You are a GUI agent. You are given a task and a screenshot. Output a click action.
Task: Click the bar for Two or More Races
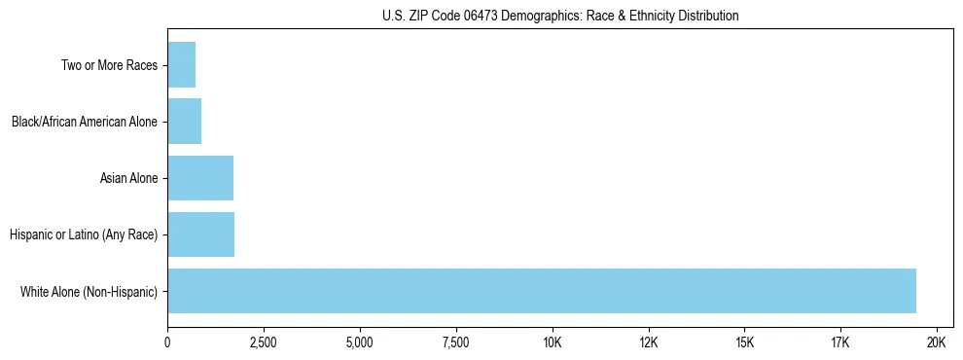pos(182,65)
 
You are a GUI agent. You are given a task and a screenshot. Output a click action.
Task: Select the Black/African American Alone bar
pos(185,122)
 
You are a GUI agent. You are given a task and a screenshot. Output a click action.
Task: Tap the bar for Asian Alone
pos(200,178)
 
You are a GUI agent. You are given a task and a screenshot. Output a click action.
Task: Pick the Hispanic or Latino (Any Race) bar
pos(201,234)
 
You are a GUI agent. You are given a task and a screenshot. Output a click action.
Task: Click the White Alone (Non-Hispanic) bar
pos(542,291)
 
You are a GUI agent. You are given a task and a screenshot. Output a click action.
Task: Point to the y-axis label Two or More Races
pos(110,65)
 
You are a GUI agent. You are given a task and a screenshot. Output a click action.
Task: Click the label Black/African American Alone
pos(85,122)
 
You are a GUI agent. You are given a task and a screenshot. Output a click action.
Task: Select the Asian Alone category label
pos(128,178)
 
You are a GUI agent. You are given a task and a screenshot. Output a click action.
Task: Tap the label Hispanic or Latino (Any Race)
pos(83,234)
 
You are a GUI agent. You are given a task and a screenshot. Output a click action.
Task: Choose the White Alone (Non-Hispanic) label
pos(89,291)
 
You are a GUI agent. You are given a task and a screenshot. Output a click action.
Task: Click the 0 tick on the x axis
pos(167,342)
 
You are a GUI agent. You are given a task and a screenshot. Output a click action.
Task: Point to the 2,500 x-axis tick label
pos(264,342)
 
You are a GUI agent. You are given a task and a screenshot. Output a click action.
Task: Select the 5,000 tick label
pos(360,342)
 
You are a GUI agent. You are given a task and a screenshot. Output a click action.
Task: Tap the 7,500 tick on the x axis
pos(456,342)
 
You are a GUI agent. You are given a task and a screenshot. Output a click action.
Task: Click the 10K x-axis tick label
pos(553,342)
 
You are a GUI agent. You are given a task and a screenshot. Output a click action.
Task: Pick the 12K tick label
pos(649,342)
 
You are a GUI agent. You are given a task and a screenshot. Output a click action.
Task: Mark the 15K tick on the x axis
pos(744,342)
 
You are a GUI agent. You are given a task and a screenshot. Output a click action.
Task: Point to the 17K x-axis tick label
pos(840,342)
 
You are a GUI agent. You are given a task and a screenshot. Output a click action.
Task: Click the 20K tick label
pos(937,342)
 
